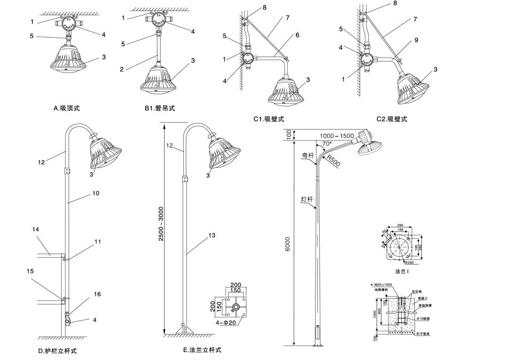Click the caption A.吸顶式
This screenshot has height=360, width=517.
[70, 108]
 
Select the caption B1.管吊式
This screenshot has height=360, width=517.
[159, 108]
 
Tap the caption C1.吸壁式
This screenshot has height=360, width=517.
[270, 119]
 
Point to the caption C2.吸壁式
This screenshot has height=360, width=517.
[391, 119]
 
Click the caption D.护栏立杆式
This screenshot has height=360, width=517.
[58, 351]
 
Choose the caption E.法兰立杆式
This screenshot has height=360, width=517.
[201, 350]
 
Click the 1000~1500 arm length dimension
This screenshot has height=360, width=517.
[337, 136]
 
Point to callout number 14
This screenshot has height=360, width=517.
[36, 230]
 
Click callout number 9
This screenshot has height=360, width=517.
[415, 39]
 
